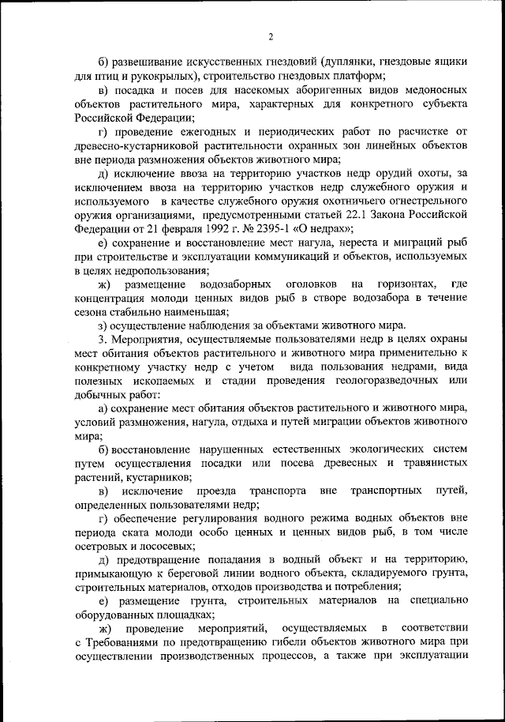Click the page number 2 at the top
point(270,36)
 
